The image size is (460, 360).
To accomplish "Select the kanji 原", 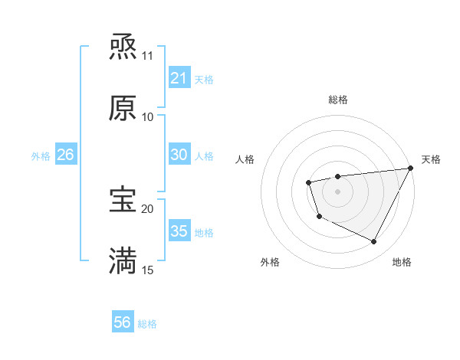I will coord(123,108).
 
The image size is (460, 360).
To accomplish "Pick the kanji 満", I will coord(123,260).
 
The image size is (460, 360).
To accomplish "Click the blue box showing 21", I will coord(179,78).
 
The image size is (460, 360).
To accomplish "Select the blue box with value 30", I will coord(179,155).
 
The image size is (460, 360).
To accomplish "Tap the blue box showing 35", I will coord(179,231).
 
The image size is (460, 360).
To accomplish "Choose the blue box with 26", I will coord(65,155).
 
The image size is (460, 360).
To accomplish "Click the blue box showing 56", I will coord(122,322).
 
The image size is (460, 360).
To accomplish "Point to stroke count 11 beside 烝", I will coord(148,56).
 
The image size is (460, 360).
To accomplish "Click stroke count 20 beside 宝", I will coord(148,208).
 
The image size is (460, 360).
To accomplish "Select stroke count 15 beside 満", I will coord(148,270).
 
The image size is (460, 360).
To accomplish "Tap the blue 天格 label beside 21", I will coord(204,80).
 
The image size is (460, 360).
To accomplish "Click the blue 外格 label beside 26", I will coord(41,156).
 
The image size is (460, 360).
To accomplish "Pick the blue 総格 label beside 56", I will coord(147,324).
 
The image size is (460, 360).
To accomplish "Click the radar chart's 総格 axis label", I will coord(337,100).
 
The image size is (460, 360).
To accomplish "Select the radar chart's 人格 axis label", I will coord(245,159).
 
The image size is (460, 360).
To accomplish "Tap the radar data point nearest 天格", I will coord(412,169).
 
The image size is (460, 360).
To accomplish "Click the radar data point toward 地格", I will coord(374,242).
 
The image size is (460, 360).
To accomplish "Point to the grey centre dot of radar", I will coord(337,191).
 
